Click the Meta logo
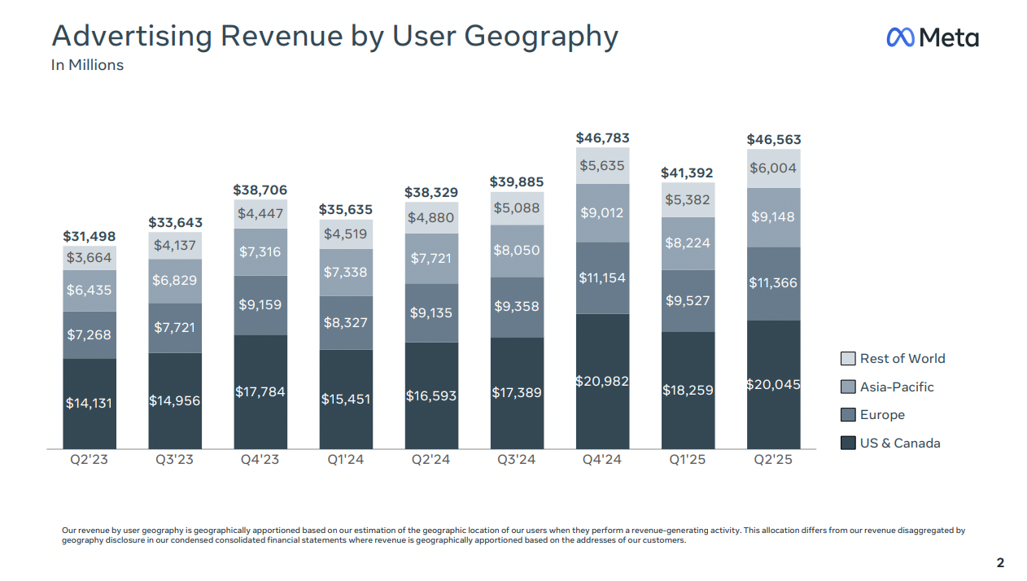point(932,37)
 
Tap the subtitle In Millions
point(87,65)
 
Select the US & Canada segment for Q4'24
point(602,381)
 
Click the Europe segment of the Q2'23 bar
point(90,334)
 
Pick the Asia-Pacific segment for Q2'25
point(773,217)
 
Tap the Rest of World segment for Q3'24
point(517,208)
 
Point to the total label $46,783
point(602,138)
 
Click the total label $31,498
point(90,237)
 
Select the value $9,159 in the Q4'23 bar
point(260,306)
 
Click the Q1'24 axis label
point(346,460)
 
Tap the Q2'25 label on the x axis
point(773,460)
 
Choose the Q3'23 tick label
point(175,460)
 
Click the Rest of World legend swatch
point(848,359)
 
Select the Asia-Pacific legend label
point(897,387)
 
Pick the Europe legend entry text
point(882,415)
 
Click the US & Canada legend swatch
point(848,443)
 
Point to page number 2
point(1000,563)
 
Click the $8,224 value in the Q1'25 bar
point(688,242)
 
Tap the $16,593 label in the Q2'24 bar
point(431,396)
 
